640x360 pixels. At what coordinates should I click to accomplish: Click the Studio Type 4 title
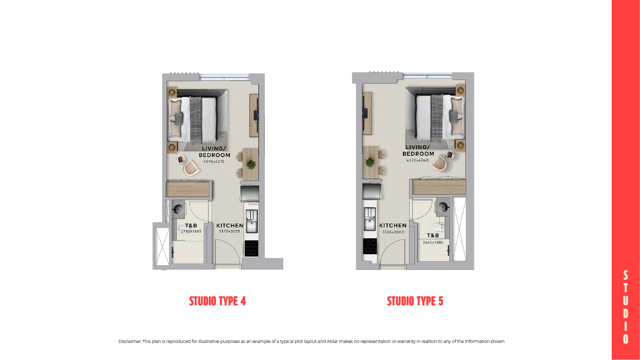click(217, 301)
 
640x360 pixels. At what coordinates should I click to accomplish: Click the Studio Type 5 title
click(415, 301)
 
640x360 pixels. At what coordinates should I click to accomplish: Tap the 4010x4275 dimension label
click(214, 161)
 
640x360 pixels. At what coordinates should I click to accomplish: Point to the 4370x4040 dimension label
click(418, 161)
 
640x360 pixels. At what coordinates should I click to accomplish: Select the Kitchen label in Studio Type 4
click(230, 225)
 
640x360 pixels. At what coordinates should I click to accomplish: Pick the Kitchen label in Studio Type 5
click(393, 225)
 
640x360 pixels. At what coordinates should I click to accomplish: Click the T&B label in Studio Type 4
click(191, 225)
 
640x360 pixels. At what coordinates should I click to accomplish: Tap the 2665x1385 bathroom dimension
click(433, 243)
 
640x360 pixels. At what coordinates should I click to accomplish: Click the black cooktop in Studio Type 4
click(251, 249)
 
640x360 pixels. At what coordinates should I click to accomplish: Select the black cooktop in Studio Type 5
click(370, 246)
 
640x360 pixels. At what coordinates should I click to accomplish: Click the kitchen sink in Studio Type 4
click(251, 222)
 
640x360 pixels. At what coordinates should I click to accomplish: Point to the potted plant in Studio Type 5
click(370, 162)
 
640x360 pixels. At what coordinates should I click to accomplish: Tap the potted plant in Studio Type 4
click(251, 164)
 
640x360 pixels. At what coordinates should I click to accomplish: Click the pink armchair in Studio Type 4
click(191, 168)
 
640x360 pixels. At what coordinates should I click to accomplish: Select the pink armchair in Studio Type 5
click(440, 163)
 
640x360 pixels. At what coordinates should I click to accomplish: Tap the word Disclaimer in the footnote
click(130, 342)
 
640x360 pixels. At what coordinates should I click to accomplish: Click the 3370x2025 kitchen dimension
click(229, 231)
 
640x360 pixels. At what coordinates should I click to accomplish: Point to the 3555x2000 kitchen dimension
click(393, 232)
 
